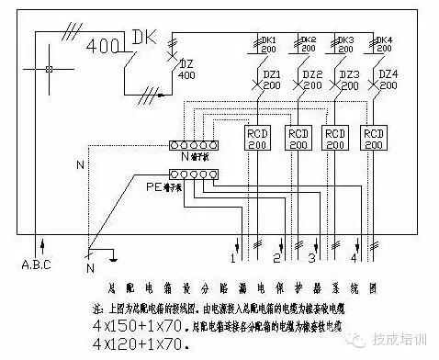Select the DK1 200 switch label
267,46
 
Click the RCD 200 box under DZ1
258,138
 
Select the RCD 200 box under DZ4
375,138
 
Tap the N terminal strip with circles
194,145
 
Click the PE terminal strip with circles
194,173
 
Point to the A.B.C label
38,267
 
